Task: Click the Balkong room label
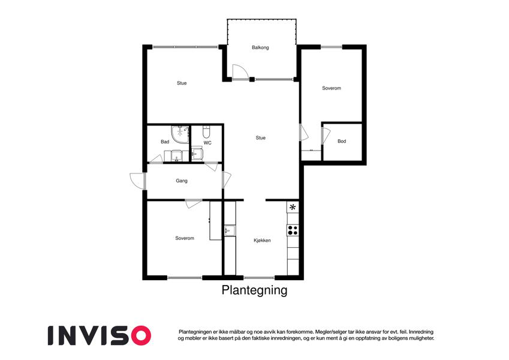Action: [x=260, y=47]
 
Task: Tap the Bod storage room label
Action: [x=342, y=142]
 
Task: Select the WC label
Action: [x=207, y=143]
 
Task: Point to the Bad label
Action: [x=165, y=142]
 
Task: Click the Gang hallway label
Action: [x=182, y=181]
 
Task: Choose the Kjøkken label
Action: [x=262, y=241]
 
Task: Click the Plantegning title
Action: [x=254, y=290]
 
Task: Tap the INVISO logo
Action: [x=100, y=335]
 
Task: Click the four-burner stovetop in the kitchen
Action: [x=293, y=230]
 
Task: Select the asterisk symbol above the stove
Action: [x=293, y=207]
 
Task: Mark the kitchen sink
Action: [x=230, y=230]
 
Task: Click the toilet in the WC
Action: [x=206, y=131]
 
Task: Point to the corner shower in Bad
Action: [x=180, y=134]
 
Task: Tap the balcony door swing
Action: [x=240, y=72]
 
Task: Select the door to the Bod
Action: [x=326, y=136]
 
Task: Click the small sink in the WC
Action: [x=197, y=153]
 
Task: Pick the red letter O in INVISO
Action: [x=139, y=335]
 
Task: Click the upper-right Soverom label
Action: [x=331, y=88]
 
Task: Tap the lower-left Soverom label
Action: [x=185, y=238]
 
